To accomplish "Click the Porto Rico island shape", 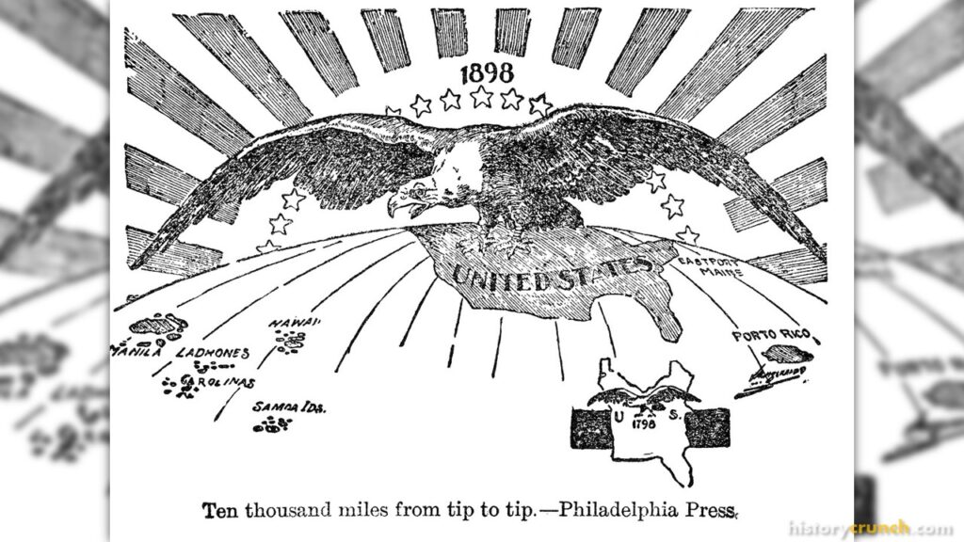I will point(783,354).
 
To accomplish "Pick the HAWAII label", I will point(295,324).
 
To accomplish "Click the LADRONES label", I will point(214,353).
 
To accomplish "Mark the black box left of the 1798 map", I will point(592,428).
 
